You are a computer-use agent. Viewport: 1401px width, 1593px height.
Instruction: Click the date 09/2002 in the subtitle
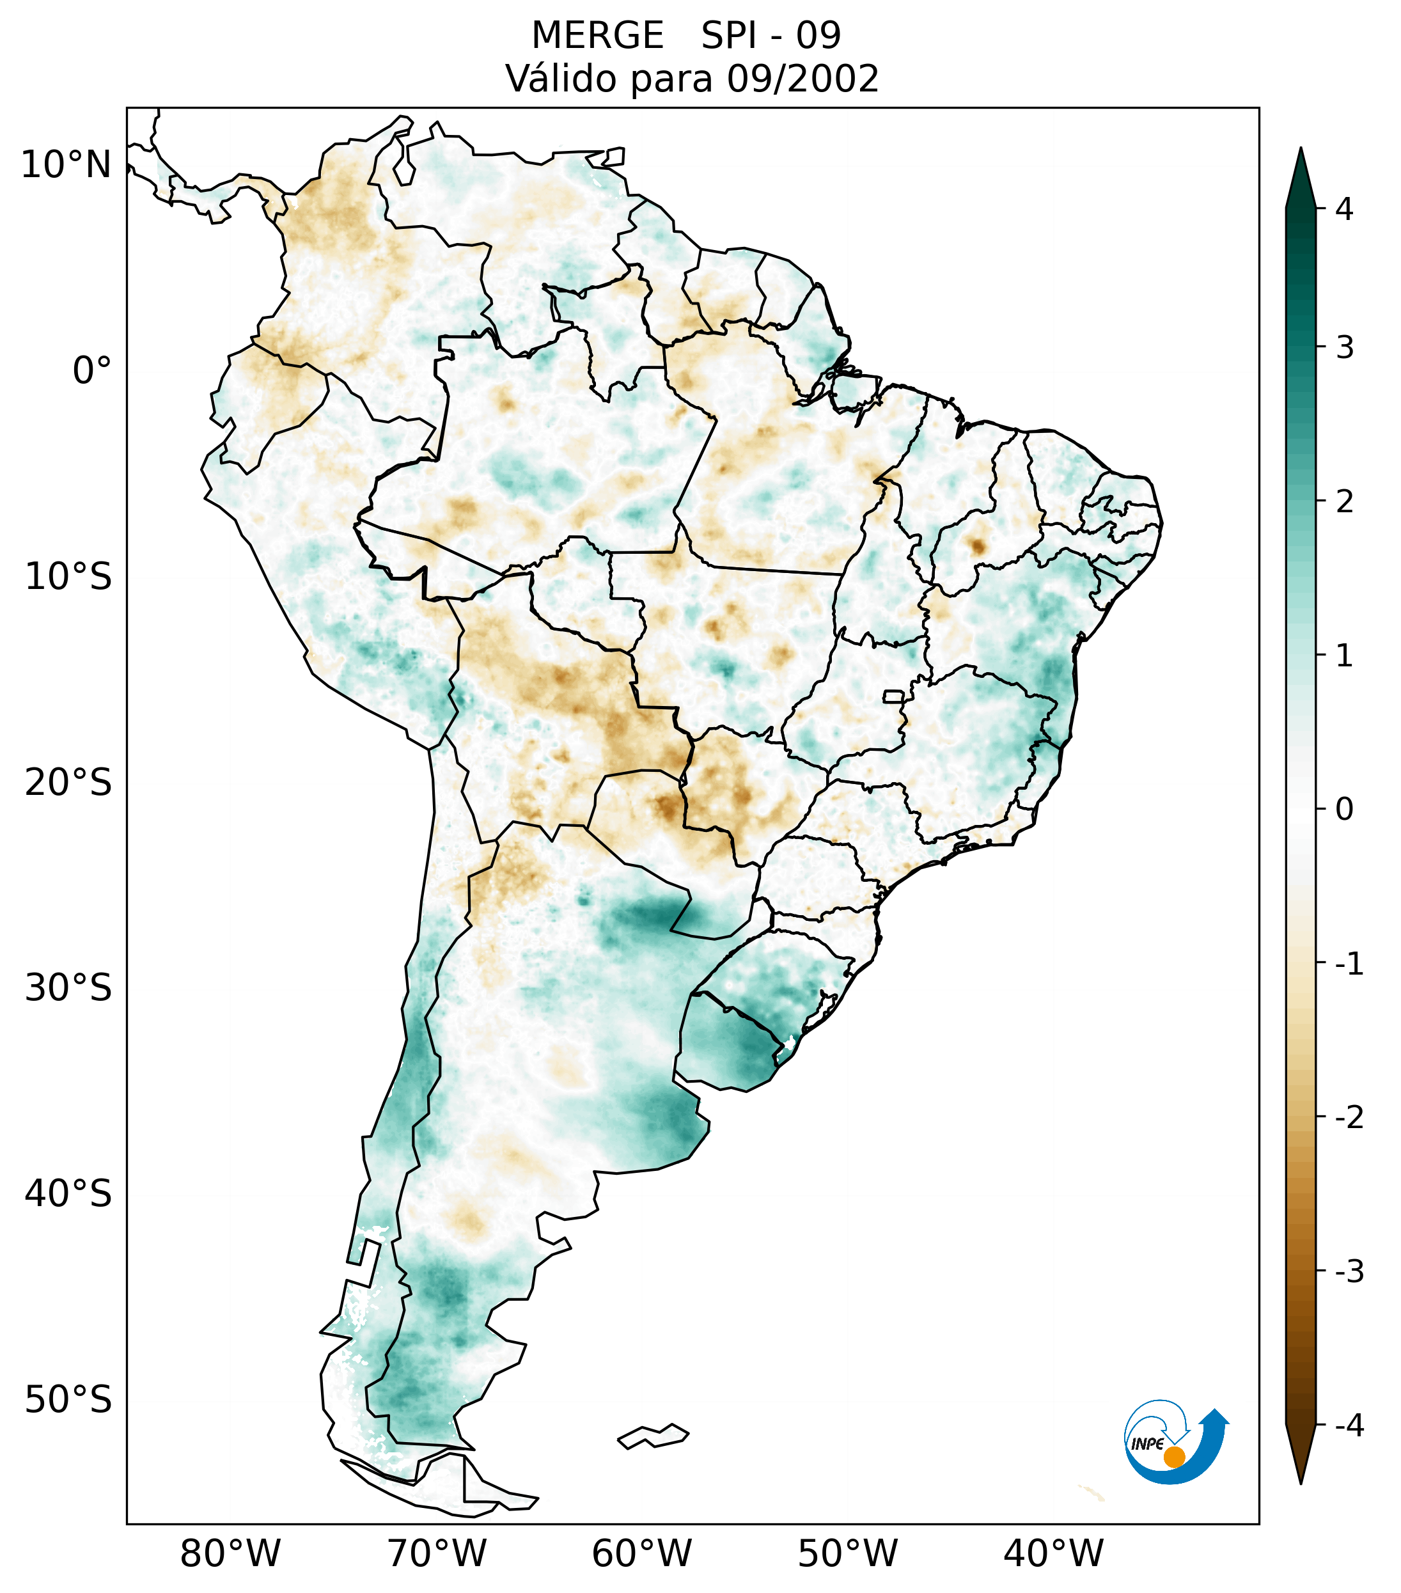(x=803, y=79)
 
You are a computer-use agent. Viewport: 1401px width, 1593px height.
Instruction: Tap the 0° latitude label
(x=92, y=371)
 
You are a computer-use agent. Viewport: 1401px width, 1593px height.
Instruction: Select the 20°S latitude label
(x=68, y=783)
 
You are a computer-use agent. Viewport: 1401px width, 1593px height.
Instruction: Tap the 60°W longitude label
(x=641, y=1554)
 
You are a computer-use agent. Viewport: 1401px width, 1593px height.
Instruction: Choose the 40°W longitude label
(x=1054, y=1554)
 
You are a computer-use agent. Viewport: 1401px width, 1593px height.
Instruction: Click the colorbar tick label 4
(x=1344, y=209)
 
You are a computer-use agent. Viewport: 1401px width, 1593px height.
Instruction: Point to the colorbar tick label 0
(x=1344, y=810)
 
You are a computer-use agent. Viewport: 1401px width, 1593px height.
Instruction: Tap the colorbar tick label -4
(x=1349, y=1426)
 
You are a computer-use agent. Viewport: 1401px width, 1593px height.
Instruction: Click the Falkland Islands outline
(x=653, y=1436)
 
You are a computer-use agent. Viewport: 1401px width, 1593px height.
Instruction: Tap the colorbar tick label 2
(x=1344, y=502)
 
